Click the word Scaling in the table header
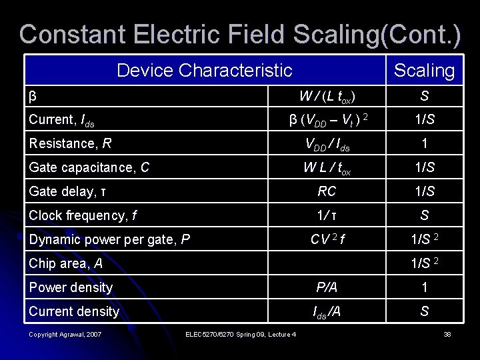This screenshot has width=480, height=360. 424,70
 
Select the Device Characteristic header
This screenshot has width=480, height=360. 204,69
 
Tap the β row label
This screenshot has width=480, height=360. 32,96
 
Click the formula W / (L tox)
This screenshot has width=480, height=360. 327,97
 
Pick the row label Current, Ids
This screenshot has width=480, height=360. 61,120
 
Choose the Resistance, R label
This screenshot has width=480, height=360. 69,143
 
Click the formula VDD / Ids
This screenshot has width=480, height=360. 327,144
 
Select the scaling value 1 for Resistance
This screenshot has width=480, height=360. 424,143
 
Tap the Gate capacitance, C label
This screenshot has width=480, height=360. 89,167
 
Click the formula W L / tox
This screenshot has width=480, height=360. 327,168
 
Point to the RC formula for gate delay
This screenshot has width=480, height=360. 327,192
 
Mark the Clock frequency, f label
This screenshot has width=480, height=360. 83,215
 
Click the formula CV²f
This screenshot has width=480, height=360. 327,239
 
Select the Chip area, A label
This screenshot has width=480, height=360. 65,263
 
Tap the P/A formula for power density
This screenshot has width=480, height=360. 327,287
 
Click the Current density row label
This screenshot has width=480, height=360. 73,311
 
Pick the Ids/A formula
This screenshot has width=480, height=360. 327,311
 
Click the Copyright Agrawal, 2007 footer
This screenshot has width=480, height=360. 65,334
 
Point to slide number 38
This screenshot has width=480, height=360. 447,334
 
